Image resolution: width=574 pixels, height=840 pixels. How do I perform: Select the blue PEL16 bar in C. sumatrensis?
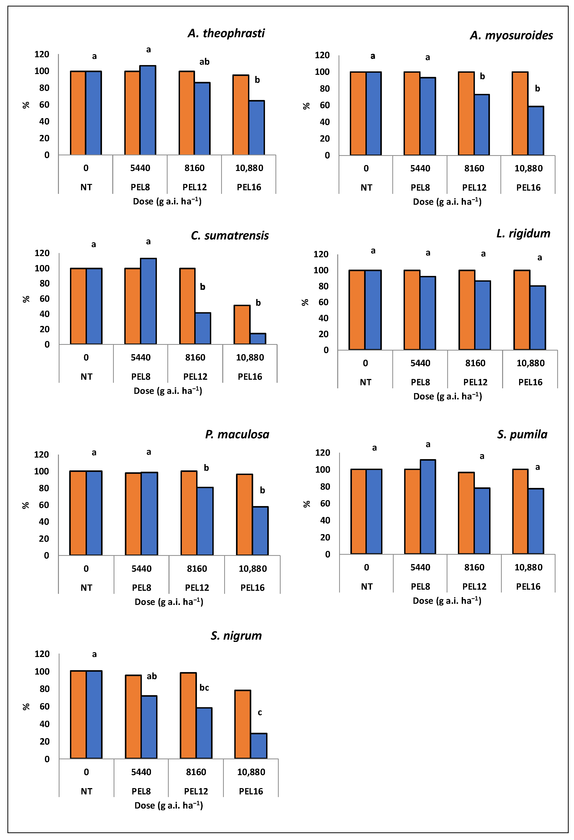click(x=258, y=339)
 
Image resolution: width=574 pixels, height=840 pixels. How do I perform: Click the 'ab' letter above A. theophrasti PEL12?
click(x=204, y=62)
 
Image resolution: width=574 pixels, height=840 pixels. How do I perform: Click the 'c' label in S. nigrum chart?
click(x=260, y=712)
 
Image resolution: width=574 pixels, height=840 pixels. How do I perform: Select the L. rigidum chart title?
click(x=523, y=234)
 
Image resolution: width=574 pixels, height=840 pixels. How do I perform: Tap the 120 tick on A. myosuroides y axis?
click(x=322, y=55)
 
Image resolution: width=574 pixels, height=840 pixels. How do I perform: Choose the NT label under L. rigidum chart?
click(x=365, y=382)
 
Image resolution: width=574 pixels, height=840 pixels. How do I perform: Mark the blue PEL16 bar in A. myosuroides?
click(x=536, y=131)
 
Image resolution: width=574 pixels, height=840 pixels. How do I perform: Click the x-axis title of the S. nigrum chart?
click(x=169, y=805)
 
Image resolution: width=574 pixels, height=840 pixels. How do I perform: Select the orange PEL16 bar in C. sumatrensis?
click(x=242, y=325)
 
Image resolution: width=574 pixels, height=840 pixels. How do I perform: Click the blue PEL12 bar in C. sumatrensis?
click(x=203, y=328)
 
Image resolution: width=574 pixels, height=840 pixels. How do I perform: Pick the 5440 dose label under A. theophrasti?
click(x=140, y=168)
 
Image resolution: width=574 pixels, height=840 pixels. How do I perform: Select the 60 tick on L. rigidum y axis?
click(x=323, y=302)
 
